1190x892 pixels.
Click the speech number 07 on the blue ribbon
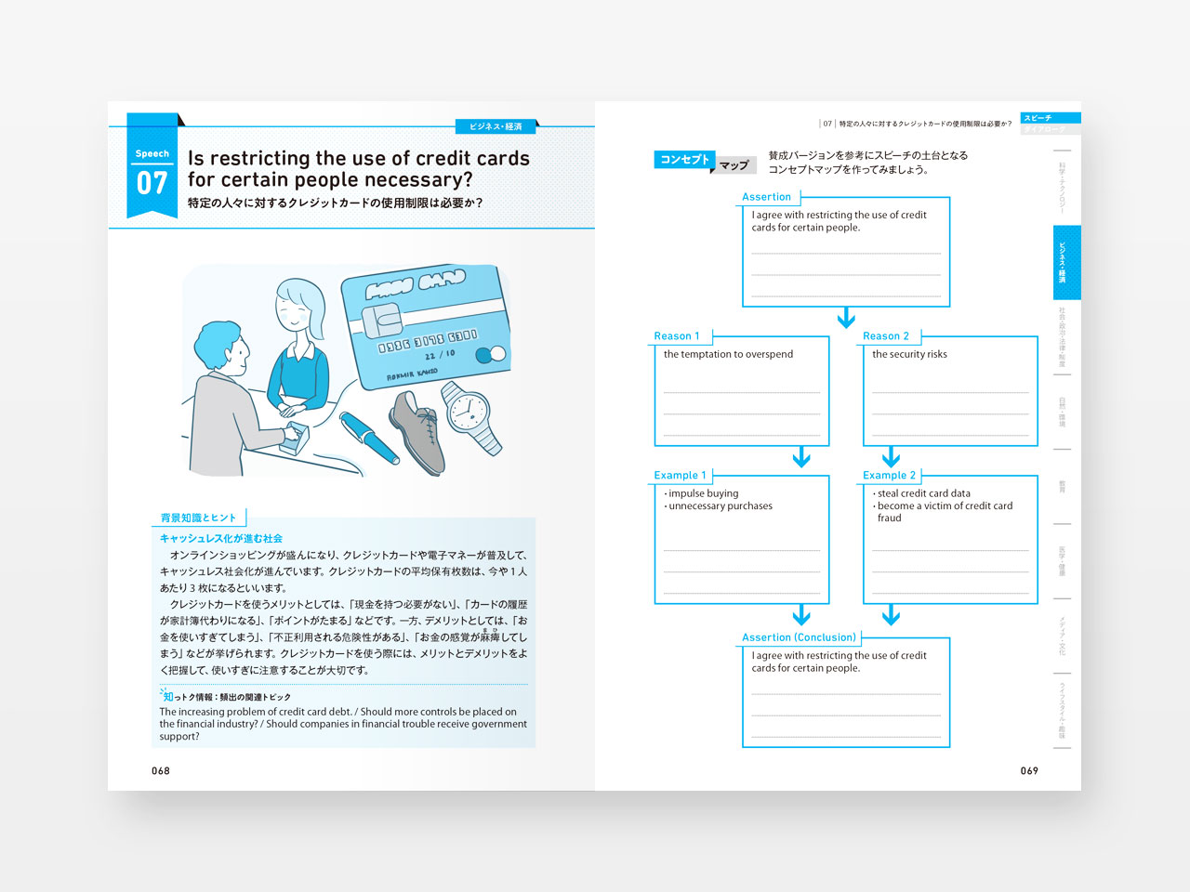coord(152,183)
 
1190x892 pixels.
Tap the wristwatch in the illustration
coord(469,413)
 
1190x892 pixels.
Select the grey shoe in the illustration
coord(416,430)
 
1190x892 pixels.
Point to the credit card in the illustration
coord(427,326)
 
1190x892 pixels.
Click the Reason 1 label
coord(676,336)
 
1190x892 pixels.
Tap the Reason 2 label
coord(885,336)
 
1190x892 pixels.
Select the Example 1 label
coord(680,476)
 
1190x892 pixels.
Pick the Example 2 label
coord(889,476)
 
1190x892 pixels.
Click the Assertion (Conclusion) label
coord(799,637)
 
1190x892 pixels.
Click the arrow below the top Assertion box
coord(846,319)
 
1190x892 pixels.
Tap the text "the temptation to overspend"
coord(728,354)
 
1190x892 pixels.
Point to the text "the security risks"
coord(909,354)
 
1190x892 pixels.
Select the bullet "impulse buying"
coord(703,493)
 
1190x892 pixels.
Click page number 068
coord(161,770)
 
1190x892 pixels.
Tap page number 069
coord(1029,770)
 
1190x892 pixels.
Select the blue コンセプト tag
coord(684,160)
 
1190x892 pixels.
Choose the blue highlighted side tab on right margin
coord(1066,262)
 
